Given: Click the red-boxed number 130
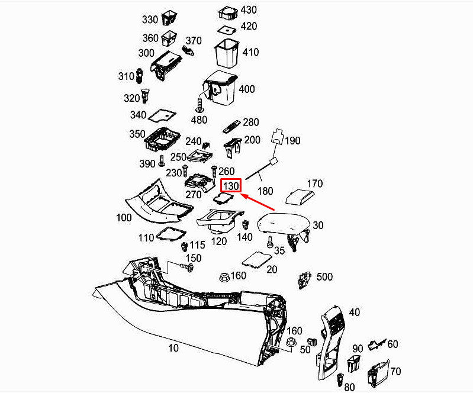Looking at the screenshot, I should coord(230,186).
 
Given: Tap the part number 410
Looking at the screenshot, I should coord(250,52).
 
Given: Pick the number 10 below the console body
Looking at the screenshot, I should coord(173,348).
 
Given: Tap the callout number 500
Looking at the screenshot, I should coord(325,276).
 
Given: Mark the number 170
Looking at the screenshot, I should coord(314,183).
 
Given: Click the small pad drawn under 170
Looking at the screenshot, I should coord(300,196).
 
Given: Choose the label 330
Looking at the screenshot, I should coord(150,20).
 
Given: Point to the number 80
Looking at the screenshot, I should coord(349,386).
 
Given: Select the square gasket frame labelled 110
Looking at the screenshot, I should coord(170,234).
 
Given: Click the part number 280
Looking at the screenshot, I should coord(251,123).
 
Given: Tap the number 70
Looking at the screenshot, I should coord(395,372).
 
